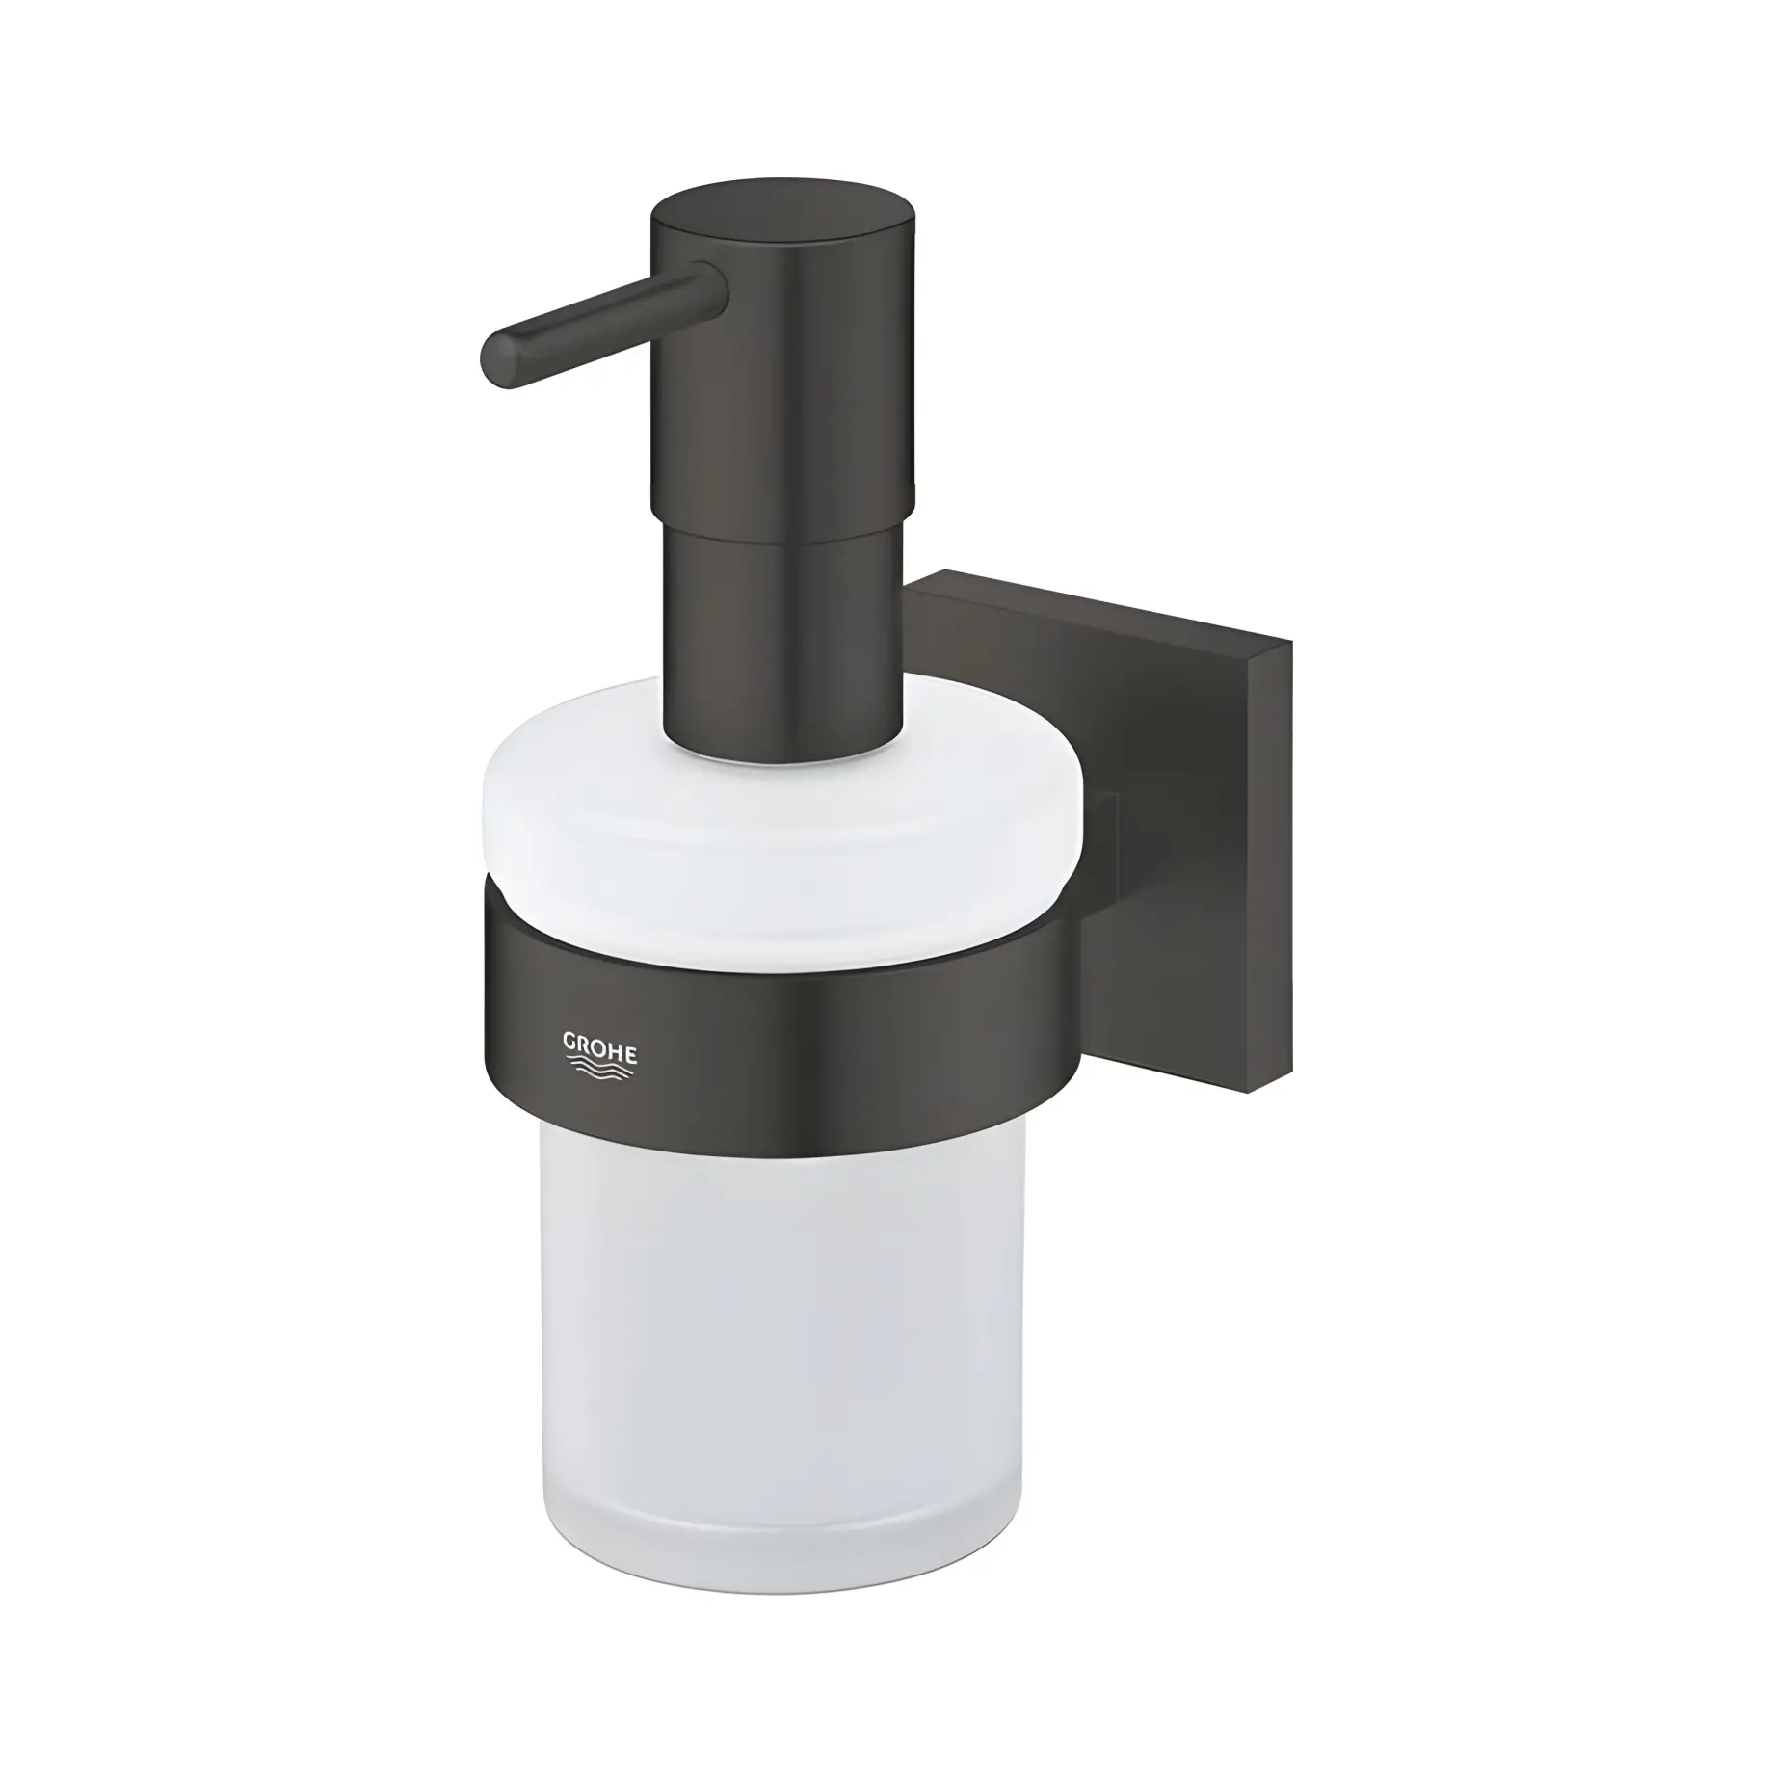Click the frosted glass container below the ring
pos(781,1349)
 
